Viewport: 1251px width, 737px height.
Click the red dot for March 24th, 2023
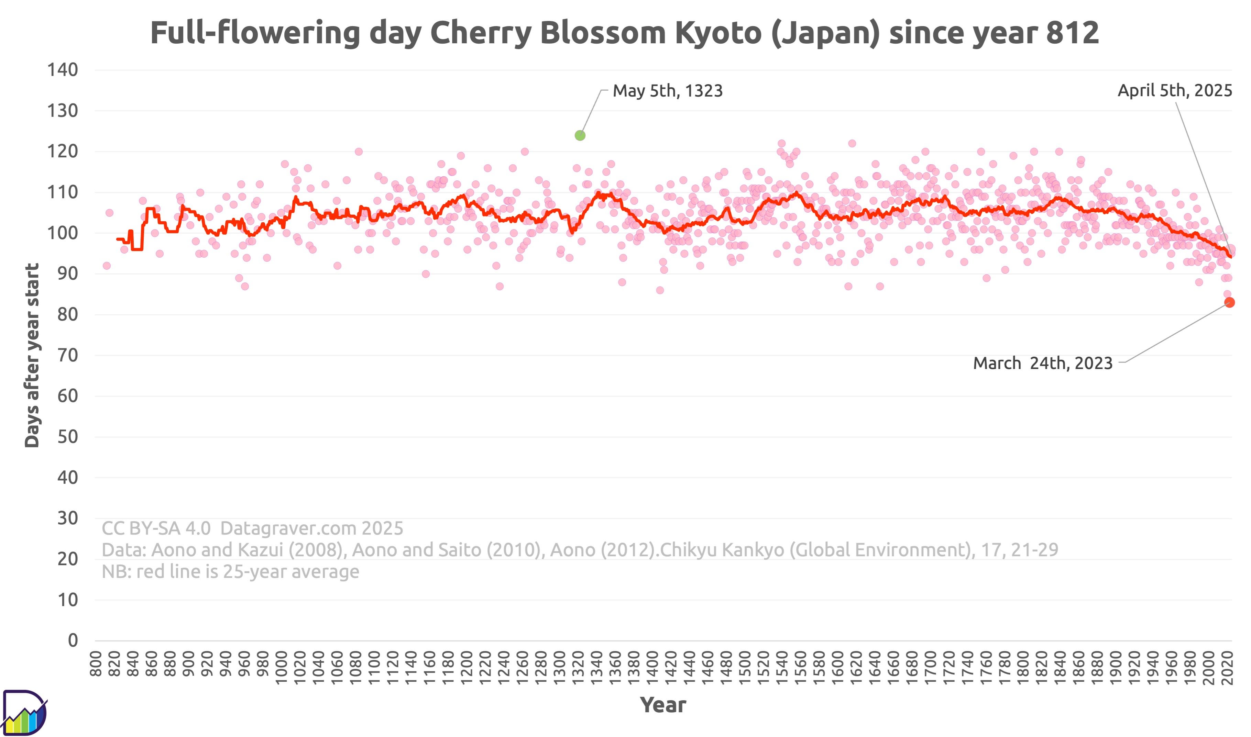(1229, 302)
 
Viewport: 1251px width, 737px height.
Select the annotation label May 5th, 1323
(667, 91)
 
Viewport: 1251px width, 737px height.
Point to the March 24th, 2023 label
(1042, 363)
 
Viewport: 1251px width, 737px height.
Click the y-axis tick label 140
(63, 70)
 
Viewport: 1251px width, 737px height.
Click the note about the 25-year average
(230, 572)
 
